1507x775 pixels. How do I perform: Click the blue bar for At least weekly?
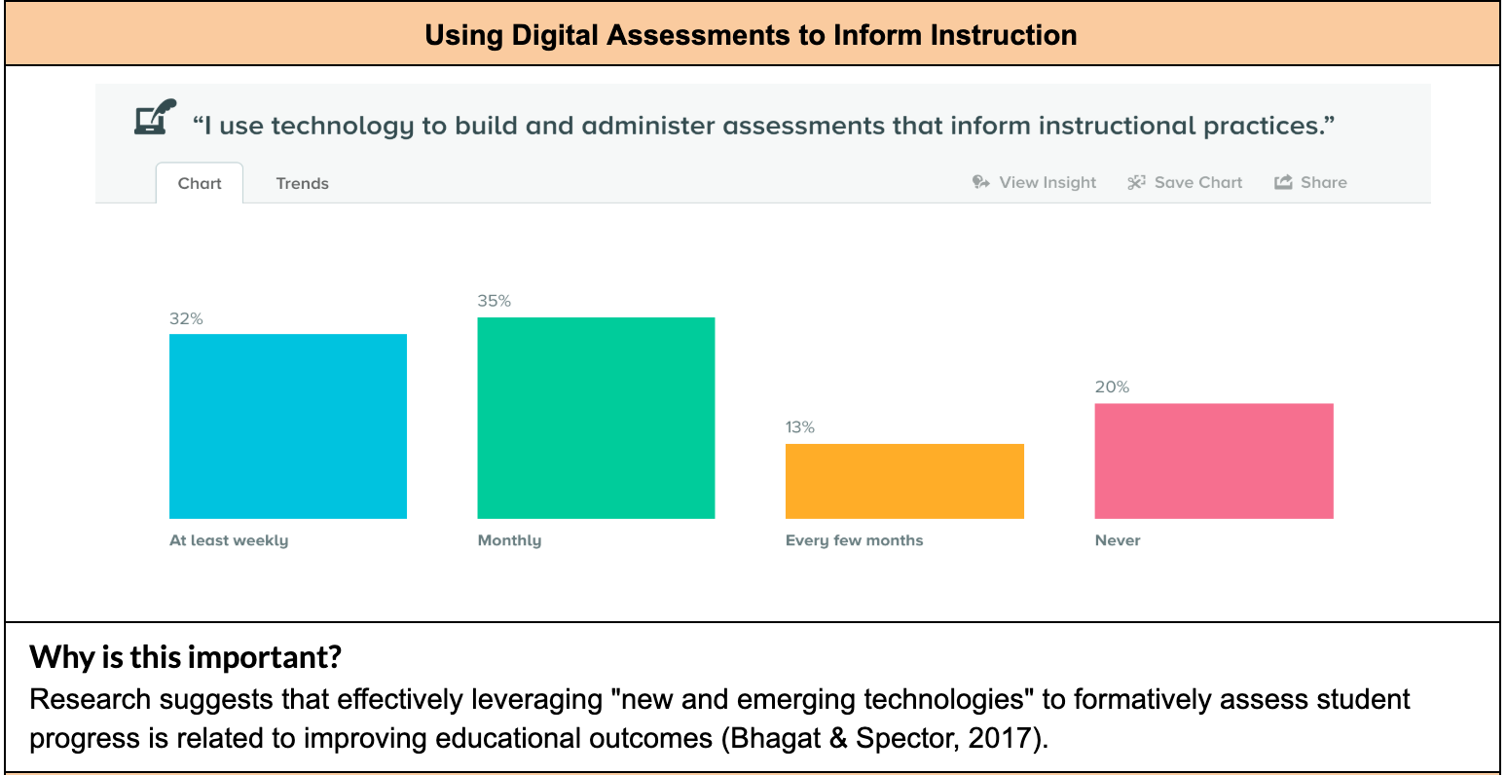click(287, 426)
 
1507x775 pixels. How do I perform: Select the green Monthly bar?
click(596, 418)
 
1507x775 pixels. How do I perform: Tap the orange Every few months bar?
click(904, 481)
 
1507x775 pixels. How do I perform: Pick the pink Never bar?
click(1213, 461)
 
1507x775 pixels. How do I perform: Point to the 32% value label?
click(186, 318)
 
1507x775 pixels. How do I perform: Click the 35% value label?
click(494, 301)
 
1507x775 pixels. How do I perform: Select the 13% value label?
click(800, 427)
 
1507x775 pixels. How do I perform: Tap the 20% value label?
click(1112, 387)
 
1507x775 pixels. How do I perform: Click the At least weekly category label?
click(229, 540)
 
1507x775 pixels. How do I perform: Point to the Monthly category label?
click(509, 540)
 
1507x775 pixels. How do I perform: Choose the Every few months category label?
click(854, 540)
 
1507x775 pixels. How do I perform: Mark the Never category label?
click(1118, 540)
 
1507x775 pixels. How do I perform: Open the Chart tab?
click(200, 183)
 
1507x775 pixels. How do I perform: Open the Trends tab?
click(302, 183)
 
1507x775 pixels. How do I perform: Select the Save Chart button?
click(1185, 182)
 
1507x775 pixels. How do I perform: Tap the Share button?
click(1310, 182)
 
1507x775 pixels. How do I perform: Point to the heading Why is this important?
click(185, 657)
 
